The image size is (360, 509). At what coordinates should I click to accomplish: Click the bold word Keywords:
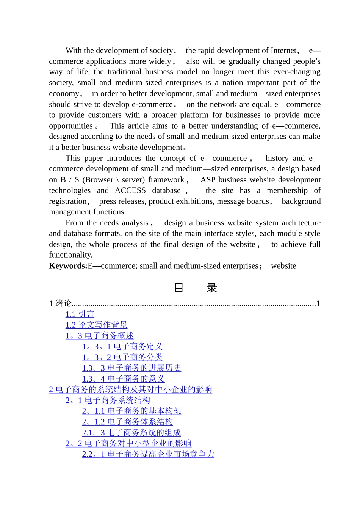point(68,266)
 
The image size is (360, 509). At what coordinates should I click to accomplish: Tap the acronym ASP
point(208,180)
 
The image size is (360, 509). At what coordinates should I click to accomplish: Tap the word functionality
point(70,255)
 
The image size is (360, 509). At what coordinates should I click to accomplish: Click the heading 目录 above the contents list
point(195,288)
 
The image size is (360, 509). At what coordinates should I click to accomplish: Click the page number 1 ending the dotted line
point(318,303)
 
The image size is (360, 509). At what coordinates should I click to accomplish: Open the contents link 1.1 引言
point(80,314)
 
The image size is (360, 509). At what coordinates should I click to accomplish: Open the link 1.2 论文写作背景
point(96,325)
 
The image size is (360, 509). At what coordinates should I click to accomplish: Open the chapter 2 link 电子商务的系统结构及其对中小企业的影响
point(130,390)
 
